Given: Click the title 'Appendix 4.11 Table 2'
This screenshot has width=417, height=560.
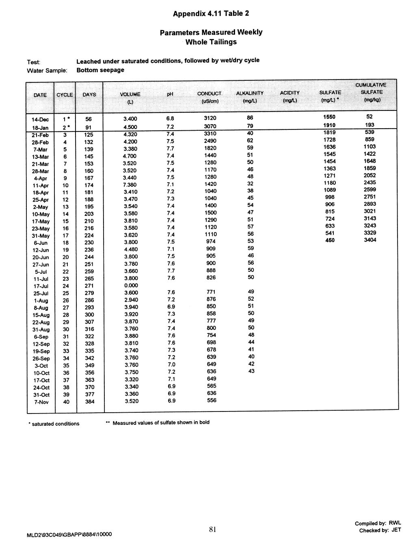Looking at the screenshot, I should (x=211, y=14).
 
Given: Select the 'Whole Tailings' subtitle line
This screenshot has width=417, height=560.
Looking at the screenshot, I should (x=211, y=42).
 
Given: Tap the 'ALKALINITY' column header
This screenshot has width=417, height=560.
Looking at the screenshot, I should (x=250, y=93).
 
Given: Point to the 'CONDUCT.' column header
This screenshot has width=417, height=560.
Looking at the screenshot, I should (x=209, y=94).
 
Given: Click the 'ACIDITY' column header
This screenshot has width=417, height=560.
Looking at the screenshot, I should (x=290, y=93).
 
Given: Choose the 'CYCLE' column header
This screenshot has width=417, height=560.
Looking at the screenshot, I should (x=65, y=95).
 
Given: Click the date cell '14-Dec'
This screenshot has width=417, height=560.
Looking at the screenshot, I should (x=40, y=120).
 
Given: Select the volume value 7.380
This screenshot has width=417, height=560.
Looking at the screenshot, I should (x=130, y=185).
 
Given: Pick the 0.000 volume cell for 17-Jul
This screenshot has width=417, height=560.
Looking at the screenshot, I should (x=130, y=286).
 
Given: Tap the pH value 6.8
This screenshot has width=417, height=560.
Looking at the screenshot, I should (x=170, y=118).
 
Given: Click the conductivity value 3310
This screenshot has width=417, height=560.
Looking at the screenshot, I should (x=210, y=133).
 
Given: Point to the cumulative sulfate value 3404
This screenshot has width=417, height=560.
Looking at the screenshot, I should (x=370, y=240).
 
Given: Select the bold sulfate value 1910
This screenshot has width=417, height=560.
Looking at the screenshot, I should (x=329, y=125).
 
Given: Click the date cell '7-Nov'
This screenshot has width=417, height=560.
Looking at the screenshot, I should (x=41, y=402).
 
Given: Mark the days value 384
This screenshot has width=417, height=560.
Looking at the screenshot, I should (x=89, y=402).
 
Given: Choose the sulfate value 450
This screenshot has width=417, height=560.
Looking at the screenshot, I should (x=330, y=240).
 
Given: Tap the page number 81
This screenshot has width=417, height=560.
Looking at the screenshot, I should (x=212, y=529).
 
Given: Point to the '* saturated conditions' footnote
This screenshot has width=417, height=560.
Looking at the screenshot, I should (x=54, y=424).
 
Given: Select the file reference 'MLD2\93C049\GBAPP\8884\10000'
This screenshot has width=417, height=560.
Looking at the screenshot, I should (x=69, y=534).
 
